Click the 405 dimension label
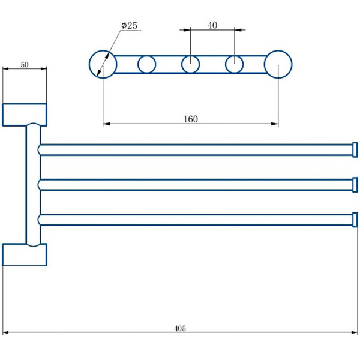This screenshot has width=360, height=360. pyautogui.click(x=180, y=328)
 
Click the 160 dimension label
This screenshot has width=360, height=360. pyautogui.click(x=190, y=119)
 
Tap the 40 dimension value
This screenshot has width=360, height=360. pyautogui.click(x=212, y=25)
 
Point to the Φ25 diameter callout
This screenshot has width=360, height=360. pyautogui.click(x=129, y=26)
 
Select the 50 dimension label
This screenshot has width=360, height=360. pyautogui.click(x=25, y=65)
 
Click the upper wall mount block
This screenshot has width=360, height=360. pyautogui.click(x=25, y=115)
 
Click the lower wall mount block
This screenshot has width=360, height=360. pyautogui.click(x=25, y=254)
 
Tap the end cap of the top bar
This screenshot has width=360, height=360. pyautogui.click(x=355, y=149)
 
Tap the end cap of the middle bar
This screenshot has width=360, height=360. pyautogui.click(x=355, y=184)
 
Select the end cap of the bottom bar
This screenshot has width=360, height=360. pyautogui.click(x=355, y=220)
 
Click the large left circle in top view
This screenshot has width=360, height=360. pyautogui.click(x=103, y=64)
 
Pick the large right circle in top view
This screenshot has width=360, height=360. pyautogui.click(x=278, y=64)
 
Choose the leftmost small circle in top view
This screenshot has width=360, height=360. pyautogui.click(x=146, y=64)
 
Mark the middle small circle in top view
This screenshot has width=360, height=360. pyautogui.click(x=190, y=64)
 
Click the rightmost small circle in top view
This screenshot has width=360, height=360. pyautogui.click(x=234, y=64)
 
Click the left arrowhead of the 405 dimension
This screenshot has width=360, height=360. pyautogui.click(x=5, y=332)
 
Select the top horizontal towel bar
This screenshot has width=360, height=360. pyautogui.click(x=192, y=149)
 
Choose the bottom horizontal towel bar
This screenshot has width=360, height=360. pyautogui.click(x=192, y=220)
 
